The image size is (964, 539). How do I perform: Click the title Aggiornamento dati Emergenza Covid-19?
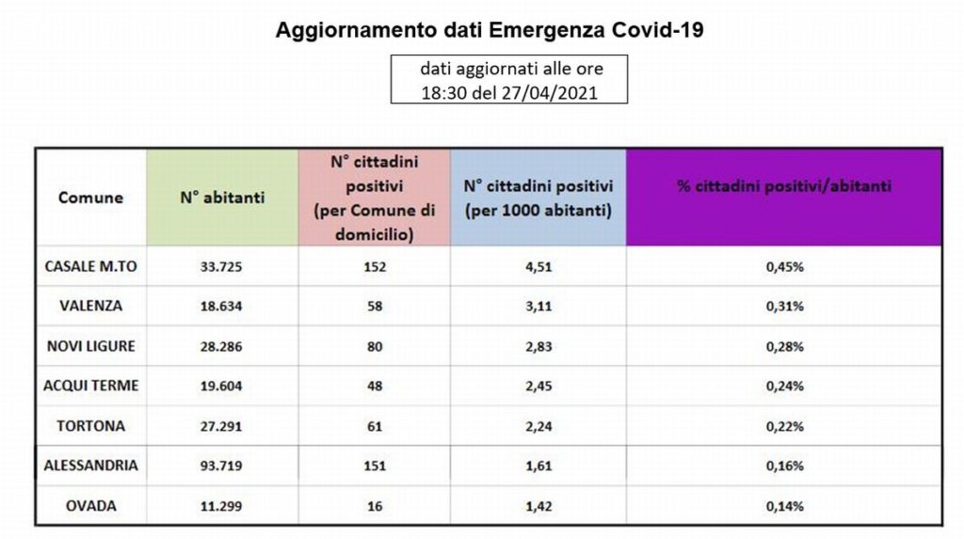[x=490, y=30]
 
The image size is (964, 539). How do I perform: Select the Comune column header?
[x=90, y=198]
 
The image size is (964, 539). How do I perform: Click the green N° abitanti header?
[x=222, y=198]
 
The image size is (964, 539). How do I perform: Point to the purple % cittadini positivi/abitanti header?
[x=784, y=186]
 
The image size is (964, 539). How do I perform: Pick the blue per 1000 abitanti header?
[x=538, y=198]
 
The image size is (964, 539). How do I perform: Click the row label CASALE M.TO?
[x=91, y=267]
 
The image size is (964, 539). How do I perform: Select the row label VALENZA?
[x=91, y=306]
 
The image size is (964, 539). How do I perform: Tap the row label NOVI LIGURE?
[x=91, y=346]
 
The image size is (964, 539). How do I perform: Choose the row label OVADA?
[x=91, y=506]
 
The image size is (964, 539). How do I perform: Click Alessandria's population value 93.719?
[x=221, y=466]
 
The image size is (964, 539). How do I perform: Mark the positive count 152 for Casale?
[x=375, y=267]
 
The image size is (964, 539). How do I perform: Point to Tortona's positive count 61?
[x=375, y=426]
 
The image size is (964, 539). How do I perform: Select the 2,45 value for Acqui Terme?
[x=538, y=386]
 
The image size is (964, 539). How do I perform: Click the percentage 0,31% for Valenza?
[x=784, y=306]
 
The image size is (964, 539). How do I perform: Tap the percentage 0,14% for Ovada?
[x=784, y=506]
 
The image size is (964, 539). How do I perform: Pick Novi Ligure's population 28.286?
[x=221, y=346]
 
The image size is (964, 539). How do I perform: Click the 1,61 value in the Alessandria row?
[x=538, y=466]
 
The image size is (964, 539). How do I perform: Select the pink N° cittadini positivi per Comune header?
[x=375, y=198]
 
